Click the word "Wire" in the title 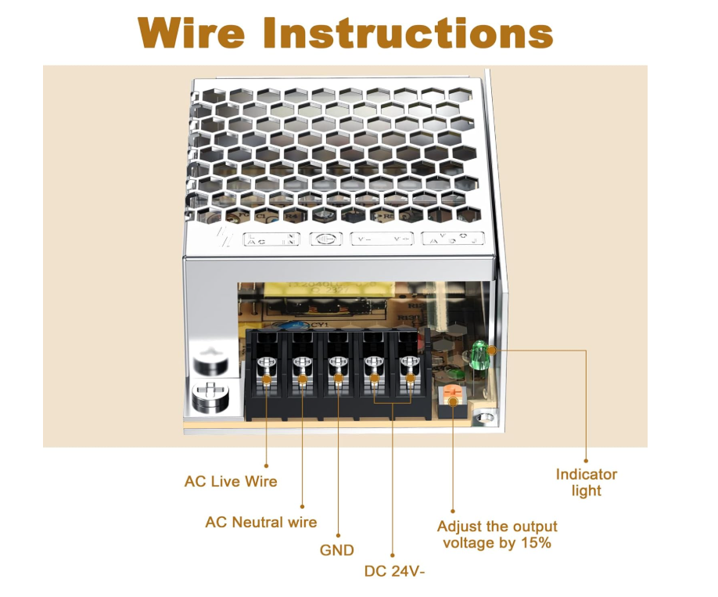tap(191, 33)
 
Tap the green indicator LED tap(478, 357)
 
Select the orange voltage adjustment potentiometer tap(451, 395)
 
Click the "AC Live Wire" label tap(231, 481)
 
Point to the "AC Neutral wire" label tap(260, 522)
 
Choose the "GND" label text tap(337, 550)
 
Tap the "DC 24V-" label tap(394, 570)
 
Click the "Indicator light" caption tap(586, 482)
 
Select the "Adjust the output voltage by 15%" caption tap(497, 534)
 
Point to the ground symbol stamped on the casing tap(322, 239)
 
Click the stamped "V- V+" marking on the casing tap(381, 239)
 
